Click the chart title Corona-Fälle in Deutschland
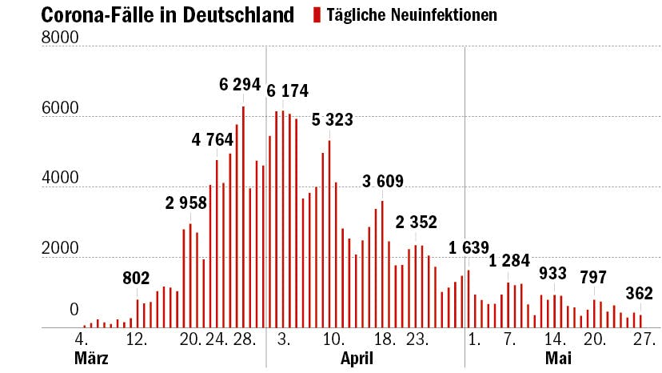point(167,14)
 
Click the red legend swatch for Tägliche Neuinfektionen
point(317,14)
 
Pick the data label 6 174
point(288,90)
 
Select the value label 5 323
point(332,120)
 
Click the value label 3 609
point(383,181)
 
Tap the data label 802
point(137,279)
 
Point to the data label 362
point(640,292)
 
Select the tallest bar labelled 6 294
point(243,217)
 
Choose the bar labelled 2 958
point(189,275)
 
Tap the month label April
point(357,359)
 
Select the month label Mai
point(558,359)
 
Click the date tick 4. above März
point(81,339)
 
